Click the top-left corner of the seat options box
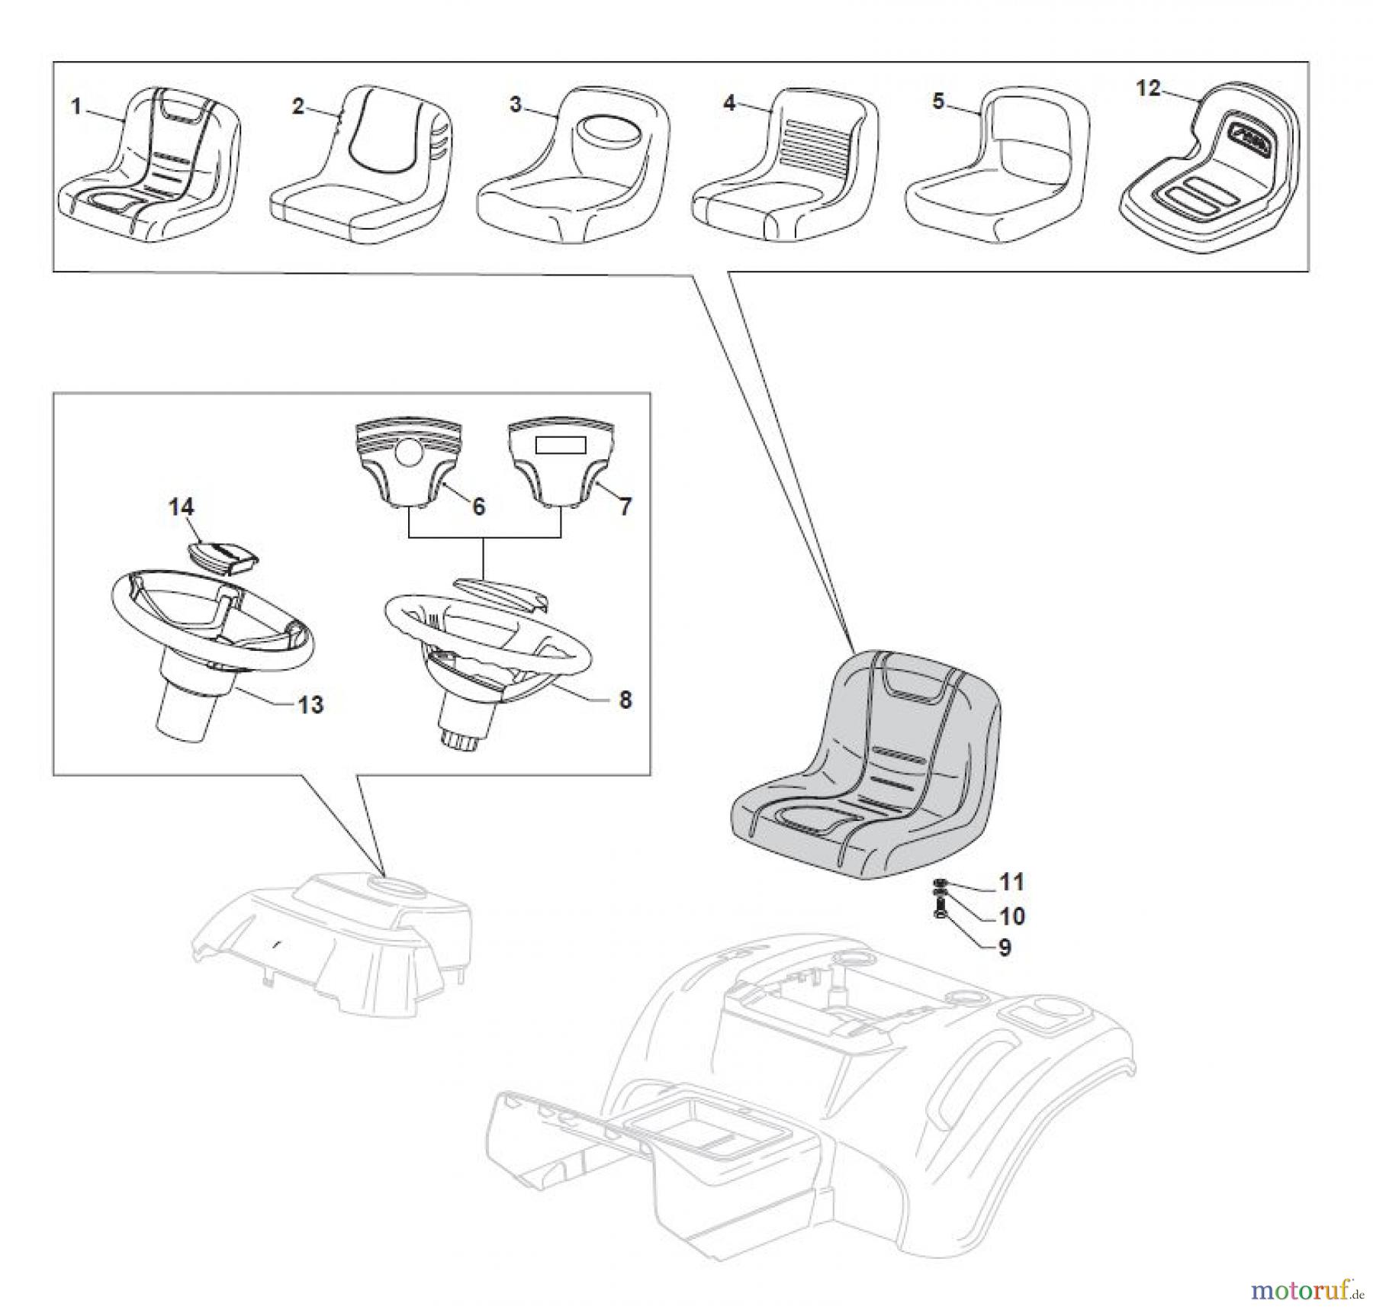(53, 63)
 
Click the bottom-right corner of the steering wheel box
(651, 776)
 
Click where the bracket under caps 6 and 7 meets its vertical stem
(484, 538)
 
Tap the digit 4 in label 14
(187, 507)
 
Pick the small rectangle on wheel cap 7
(561, 445)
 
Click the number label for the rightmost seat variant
(1148, 89)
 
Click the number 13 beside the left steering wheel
(310, 704)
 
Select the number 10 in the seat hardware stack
(1011, 916)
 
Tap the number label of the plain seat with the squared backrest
(938, 101)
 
